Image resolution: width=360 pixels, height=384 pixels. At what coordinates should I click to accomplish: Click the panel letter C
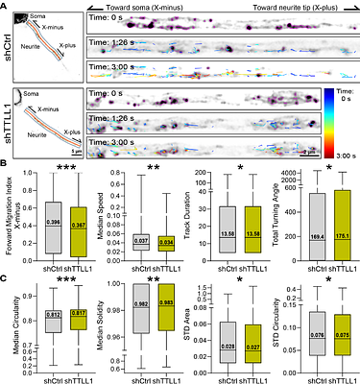coord(6,276)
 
